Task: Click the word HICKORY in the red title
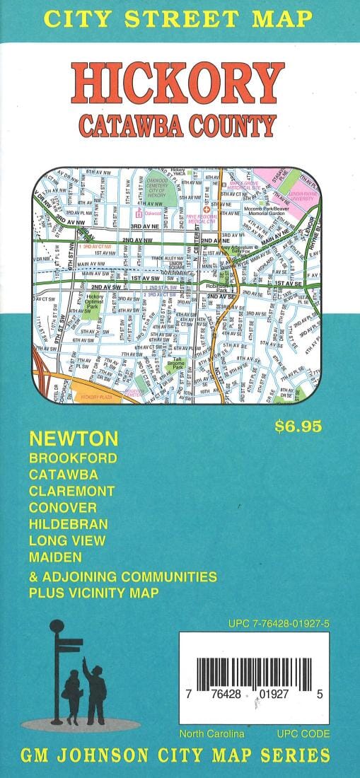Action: click(179, 83)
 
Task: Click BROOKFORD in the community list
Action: click(73, 458)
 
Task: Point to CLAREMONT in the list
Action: click(71, 489)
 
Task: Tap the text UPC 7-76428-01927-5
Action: click(279, 623)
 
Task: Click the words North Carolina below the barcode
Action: click(211, 734)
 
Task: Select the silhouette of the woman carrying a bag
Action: click(73, 693)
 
